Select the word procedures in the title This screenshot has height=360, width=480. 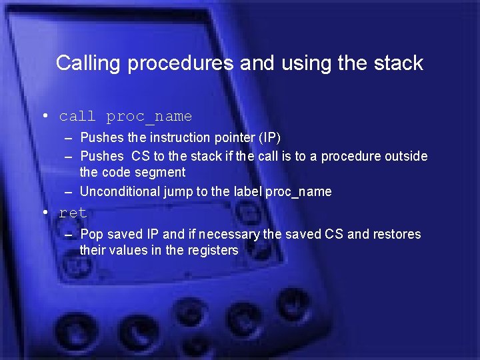[180, 63]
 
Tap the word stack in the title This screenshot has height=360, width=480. [397, 63]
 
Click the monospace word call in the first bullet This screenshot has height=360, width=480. [77, 117]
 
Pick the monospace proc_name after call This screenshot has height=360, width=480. [149, 117]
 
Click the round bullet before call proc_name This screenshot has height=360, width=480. [45, 116]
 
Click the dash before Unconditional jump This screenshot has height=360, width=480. [69, 192]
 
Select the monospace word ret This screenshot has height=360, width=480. [73, 213]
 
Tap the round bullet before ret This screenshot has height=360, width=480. [45, 213]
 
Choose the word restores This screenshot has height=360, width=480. [397, 235]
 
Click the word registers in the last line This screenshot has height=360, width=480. [213, 251]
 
